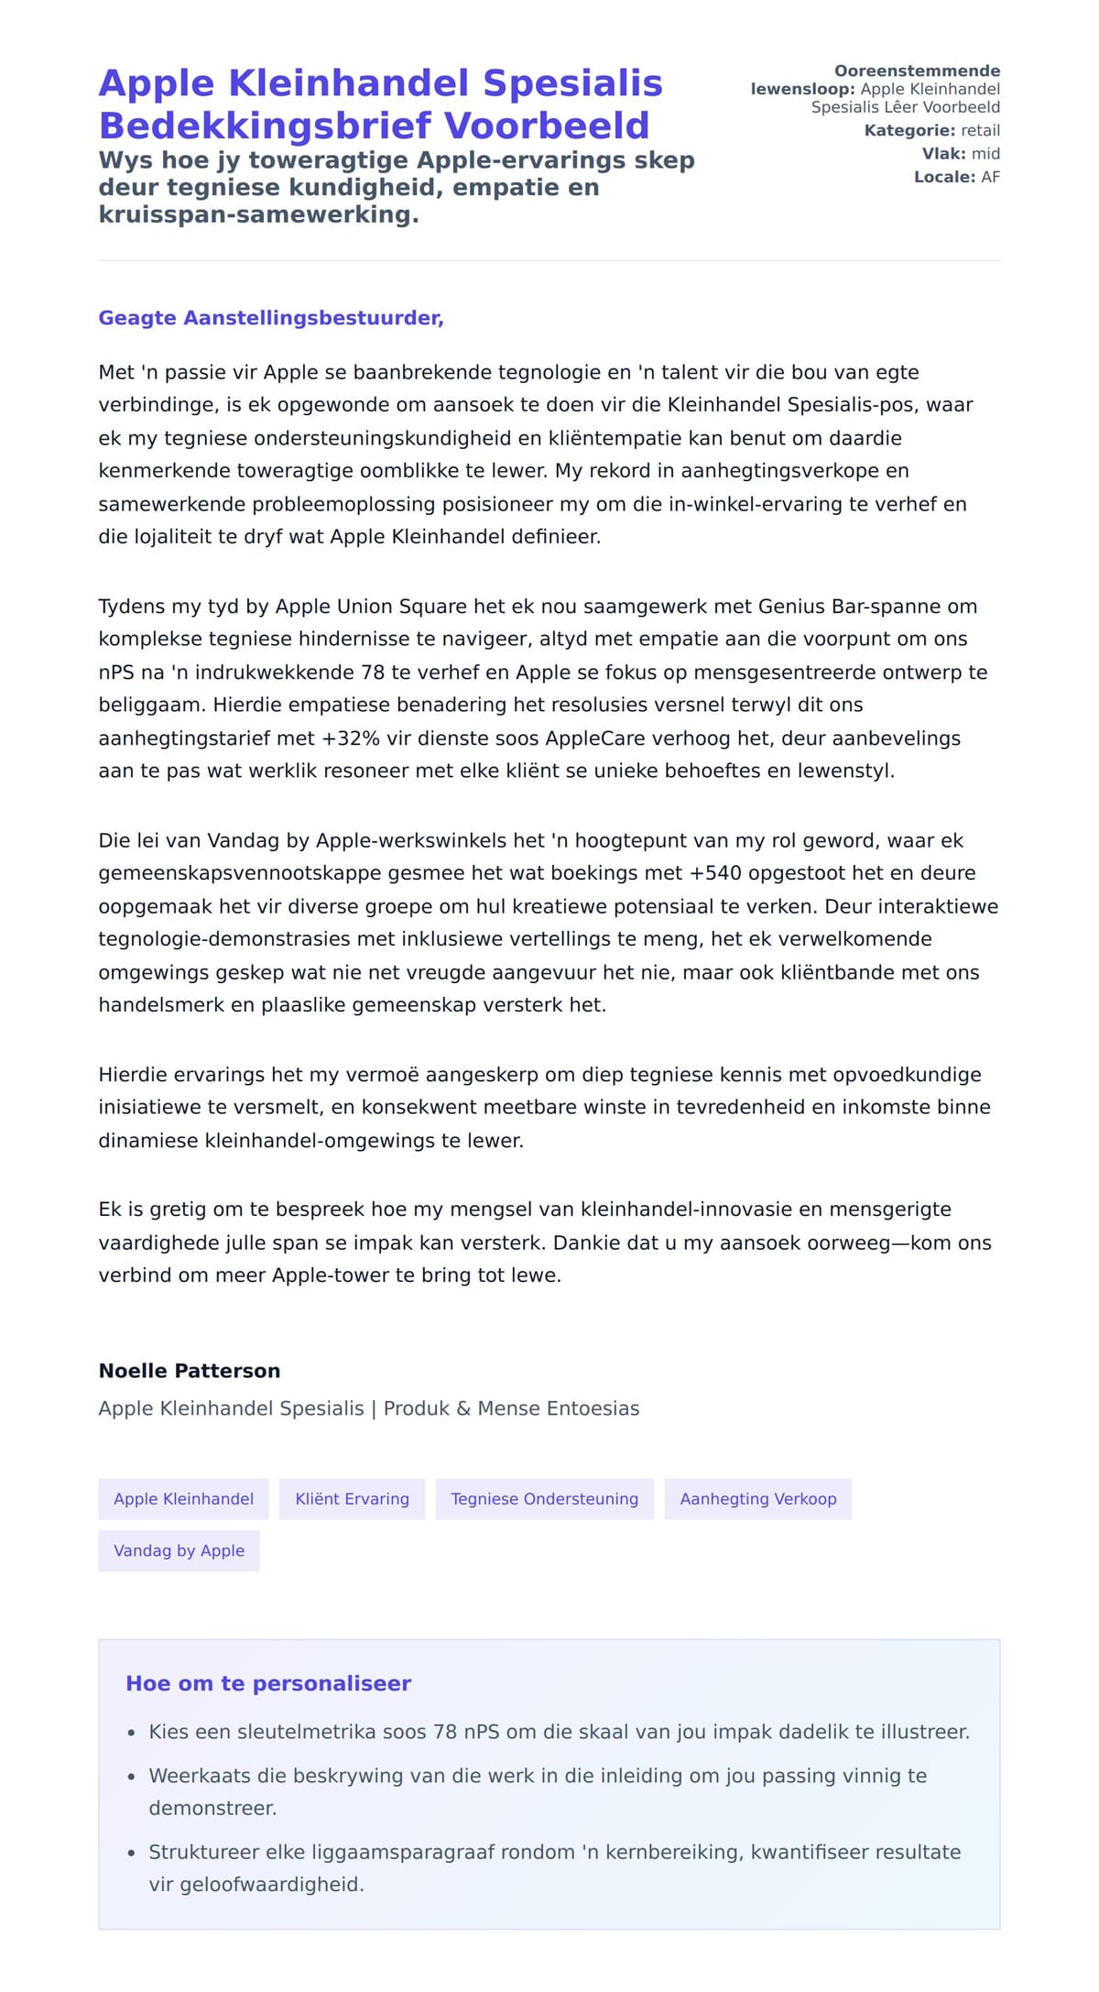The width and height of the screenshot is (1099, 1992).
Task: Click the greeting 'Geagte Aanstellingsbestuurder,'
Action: coord(271,318)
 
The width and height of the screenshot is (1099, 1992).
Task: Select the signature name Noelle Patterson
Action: coord(190,1371)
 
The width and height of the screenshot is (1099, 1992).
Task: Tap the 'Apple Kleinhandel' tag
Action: coord(183,1499)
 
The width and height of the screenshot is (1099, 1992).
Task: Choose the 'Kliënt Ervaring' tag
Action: coord(352,1499)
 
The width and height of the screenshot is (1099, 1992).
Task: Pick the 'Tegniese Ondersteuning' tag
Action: coord(545,1499)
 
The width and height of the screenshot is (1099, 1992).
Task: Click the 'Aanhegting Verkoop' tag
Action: coord(758,1499)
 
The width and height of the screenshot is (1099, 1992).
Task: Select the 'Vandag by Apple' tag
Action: coord(179,1550)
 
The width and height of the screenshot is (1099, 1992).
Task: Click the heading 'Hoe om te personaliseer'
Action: coord(268,1683)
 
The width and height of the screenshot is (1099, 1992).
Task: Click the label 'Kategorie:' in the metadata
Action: coord(909,131)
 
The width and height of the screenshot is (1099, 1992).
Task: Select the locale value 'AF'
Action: coord(990,177)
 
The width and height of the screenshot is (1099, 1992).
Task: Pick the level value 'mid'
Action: coord(985,154)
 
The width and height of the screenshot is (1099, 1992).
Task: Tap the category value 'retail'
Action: coord(980,131)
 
